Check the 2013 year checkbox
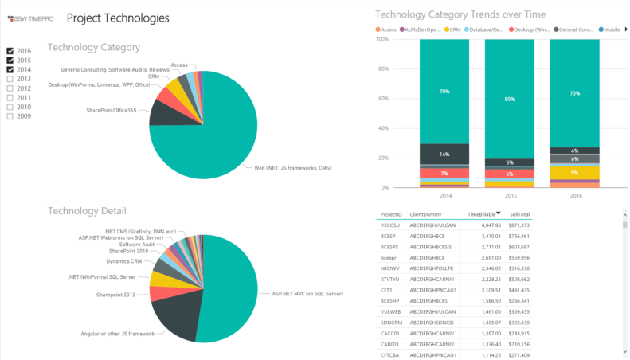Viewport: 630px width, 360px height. (10, 79)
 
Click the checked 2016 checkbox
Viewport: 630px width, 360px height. (10, 51)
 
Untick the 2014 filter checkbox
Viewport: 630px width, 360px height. (10, 69)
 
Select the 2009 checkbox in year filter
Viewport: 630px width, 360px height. (10, 116)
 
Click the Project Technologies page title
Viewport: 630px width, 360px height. (117, 17)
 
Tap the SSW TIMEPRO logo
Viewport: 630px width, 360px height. (30, 18)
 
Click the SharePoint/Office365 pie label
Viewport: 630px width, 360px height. (116, 110)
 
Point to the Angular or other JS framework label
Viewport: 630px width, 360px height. (118, 333)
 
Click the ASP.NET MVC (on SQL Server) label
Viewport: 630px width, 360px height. (307, 294)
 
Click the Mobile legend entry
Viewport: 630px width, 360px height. (610, 29)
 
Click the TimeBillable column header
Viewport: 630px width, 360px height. (483, 214)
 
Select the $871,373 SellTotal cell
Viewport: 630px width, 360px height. (520, 225)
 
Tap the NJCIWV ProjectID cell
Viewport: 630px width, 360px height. (390, 269)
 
